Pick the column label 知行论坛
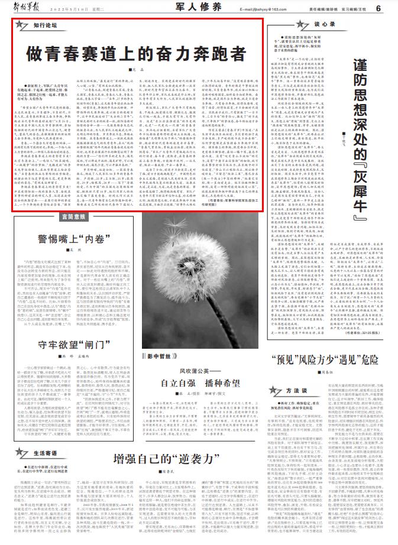pyautogui.click(x=44, y=27)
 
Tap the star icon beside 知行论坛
pyautogui.click(x=22, y=26)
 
